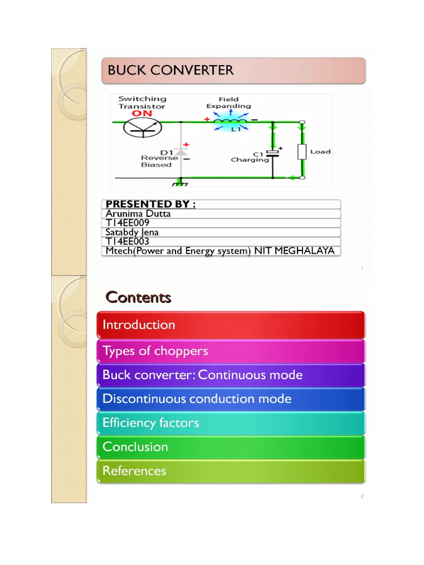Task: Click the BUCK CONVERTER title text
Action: pos(171,71)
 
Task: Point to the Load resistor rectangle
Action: pos(302,151)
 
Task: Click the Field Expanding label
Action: pos(228,103)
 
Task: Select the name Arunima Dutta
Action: pos(138,214)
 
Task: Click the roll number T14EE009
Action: pos(128,223)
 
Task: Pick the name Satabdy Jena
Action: pos(132,232)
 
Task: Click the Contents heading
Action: pos(138,297)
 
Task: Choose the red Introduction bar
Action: pos(231,325)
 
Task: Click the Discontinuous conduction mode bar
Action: pos(231,399)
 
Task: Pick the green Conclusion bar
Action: pos(231,447)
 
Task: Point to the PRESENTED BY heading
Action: pos(151,204)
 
